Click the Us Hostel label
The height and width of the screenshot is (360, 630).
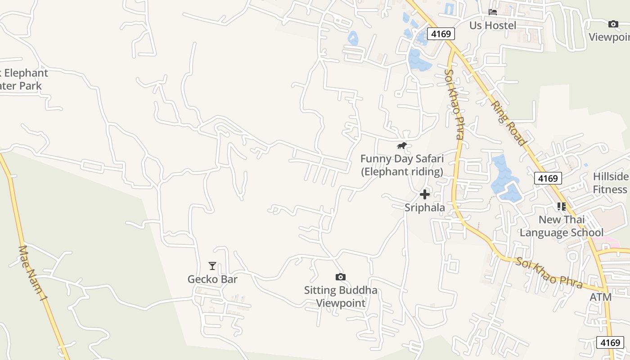(x=493, y=25)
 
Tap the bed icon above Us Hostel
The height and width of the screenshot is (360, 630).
(x=493, y=12)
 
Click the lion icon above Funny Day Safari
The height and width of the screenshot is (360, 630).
(x=402, y=145)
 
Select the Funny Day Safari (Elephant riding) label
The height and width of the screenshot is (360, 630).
(x=402, y=165)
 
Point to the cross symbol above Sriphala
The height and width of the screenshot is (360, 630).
(x=424, y=194)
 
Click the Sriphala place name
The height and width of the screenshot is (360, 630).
(x=424, y=207)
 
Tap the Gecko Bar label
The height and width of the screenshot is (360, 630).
(x=212, y=279)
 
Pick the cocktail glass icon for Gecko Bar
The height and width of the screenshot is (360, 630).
(x=212, y=266)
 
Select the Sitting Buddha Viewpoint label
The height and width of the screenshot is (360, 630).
(x=341, y=297)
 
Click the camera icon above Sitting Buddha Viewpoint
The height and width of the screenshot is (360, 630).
(x=341, y=277)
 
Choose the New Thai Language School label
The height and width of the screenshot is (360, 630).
(x=562, y=226)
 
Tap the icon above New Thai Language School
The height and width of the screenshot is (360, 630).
(x=561, y=207)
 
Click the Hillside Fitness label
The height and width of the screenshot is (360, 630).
(x=611, y=183)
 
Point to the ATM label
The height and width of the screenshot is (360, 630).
(x=601, y=297)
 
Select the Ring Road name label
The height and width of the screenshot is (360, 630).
(x=508, y=123)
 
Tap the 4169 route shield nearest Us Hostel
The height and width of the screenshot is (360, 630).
(x=441, y=34)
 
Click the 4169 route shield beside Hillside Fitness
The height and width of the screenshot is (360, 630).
(x=548, y=178)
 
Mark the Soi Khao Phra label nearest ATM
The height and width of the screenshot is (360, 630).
(x=549, y=273)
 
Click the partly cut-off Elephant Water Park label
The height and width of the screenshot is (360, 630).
(x=22, y=79)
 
